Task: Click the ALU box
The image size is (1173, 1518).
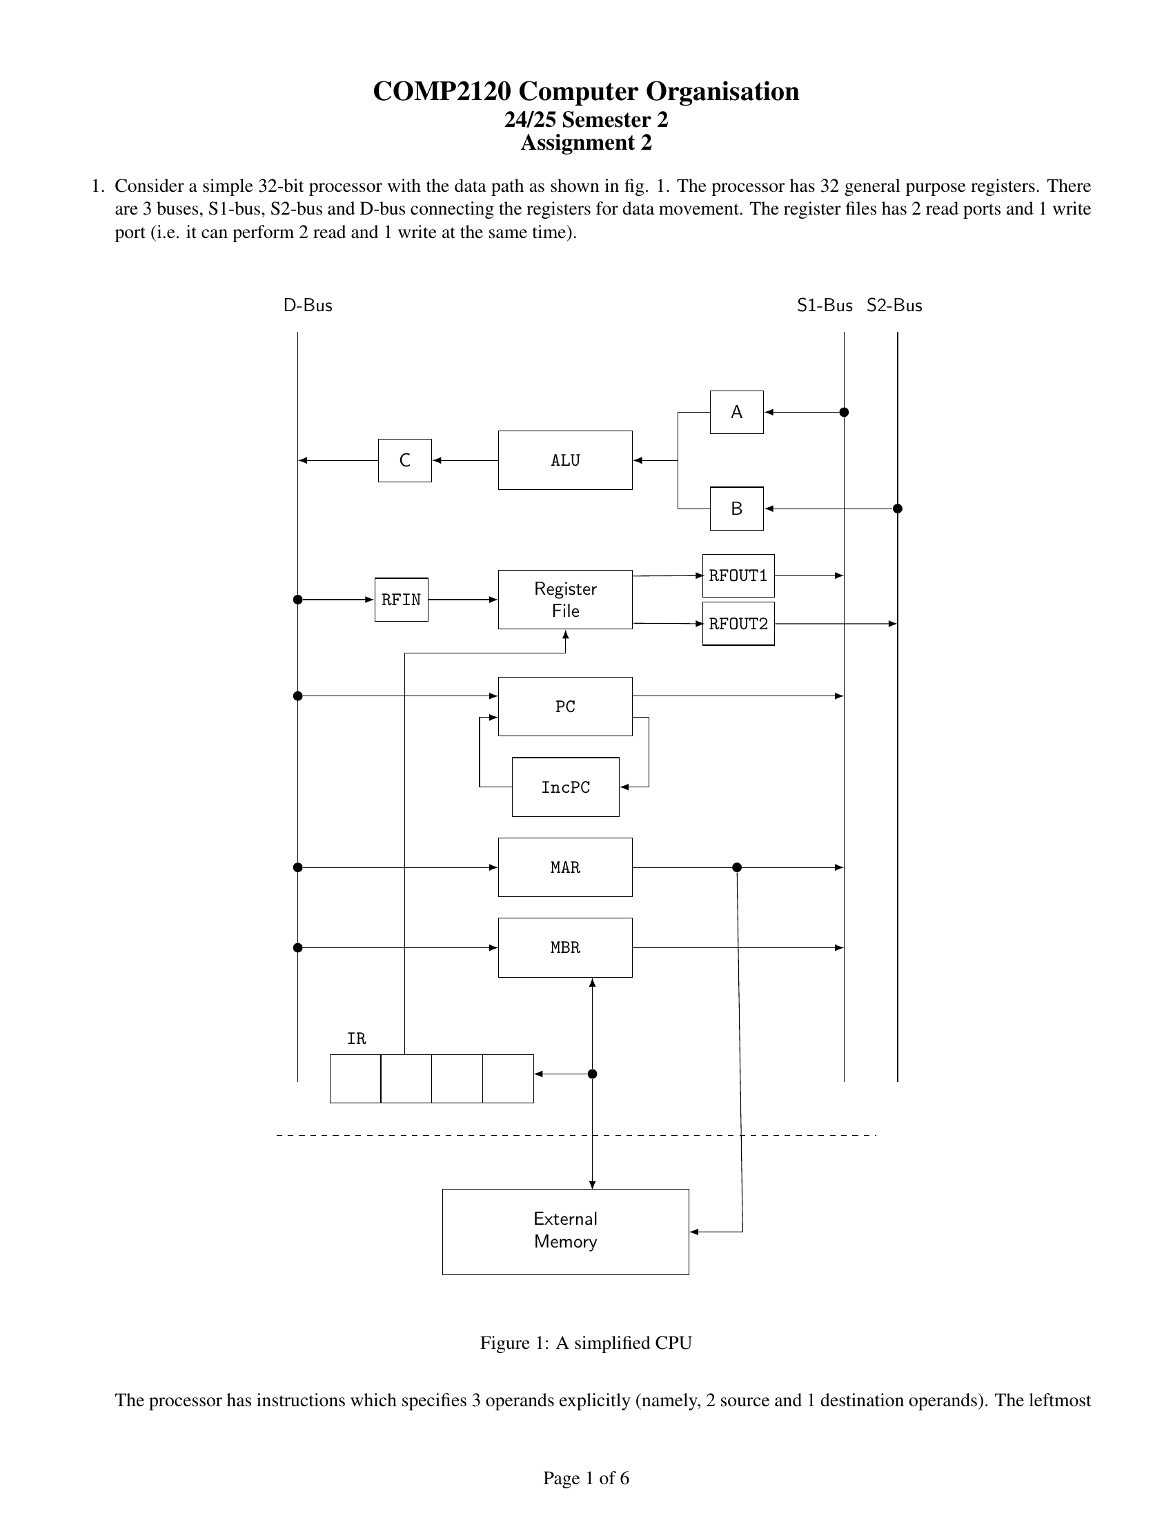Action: point(565,460)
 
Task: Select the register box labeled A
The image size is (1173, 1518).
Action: point(737,412)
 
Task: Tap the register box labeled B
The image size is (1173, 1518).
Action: point(737,509)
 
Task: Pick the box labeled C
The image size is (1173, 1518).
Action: point(404,460)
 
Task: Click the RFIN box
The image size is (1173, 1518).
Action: point(401,599)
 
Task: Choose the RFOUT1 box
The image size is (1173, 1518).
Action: point(738,575)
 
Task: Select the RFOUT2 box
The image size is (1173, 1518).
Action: point(738,624)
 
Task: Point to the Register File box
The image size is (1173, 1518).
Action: point(565,599)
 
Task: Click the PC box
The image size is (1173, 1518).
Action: point(565,706)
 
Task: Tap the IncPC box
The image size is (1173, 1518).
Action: point(565,787)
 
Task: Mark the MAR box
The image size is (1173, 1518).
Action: point(565,867)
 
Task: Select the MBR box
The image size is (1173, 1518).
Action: point(565,947)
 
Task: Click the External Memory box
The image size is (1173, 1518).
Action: point(565,1232)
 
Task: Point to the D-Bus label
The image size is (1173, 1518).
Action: point(308,306)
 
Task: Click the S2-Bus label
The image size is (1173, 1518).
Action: point(894,306)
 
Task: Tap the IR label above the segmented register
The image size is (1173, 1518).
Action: point(356,1038)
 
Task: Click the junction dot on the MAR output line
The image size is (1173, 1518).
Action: point(738,867)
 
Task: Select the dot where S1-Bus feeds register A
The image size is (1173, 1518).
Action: point(845,412)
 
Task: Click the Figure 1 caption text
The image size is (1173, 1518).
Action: point(586,1343)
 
